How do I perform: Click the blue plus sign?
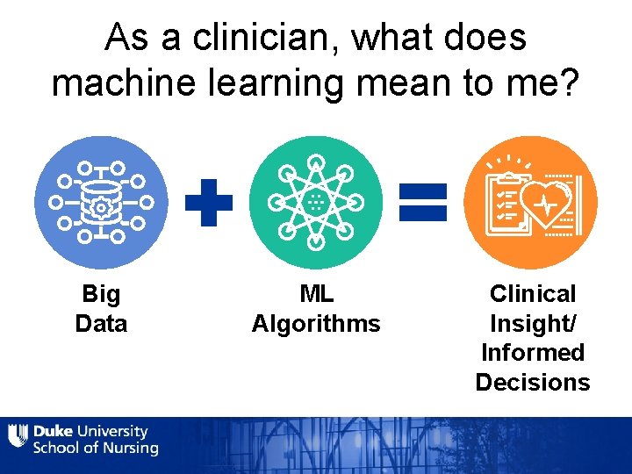point(209,203)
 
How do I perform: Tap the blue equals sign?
point(423,202)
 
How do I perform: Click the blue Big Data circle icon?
point(101,203)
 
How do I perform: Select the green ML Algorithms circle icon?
point(316,203)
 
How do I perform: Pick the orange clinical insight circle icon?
point(530,203)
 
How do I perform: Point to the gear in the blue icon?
point(101,207)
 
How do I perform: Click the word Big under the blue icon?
point(101,293)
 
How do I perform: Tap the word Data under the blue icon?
point(101,323)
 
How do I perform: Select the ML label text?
point(316,293)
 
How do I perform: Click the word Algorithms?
point(316,323)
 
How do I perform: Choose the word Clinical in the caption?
point(533,293)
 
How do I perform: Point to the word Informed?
point(533,352)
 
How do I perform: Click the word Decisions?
point(533,382)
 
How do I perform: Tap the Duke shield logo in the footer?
point(18,436)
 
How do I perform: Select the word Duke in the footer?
point(53,431)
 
